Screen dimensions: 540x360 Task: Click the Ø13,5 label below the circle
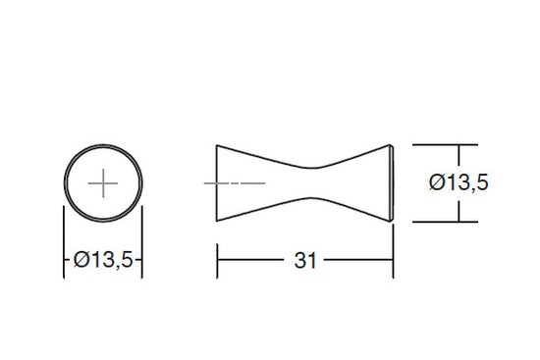pos(103,260)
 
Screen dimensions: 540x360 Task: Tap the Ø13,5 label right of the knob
pos(459,182)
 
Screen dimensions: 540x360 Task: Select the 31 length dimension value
pos(305,261)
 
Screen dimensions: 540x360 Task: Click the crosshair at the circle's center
pos(103,183)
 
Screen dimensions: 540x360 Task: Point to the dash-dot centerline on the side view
pos(235,183)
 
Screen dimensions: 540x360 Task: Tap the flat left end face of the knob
pos(217,182)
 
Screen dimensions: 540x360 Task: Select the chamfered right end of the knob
pos(392,183)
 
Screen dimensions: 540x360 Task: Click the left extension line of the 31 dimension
pos(217,261)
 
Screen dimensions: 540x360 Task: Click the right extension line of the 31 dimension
pos(393,250)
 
